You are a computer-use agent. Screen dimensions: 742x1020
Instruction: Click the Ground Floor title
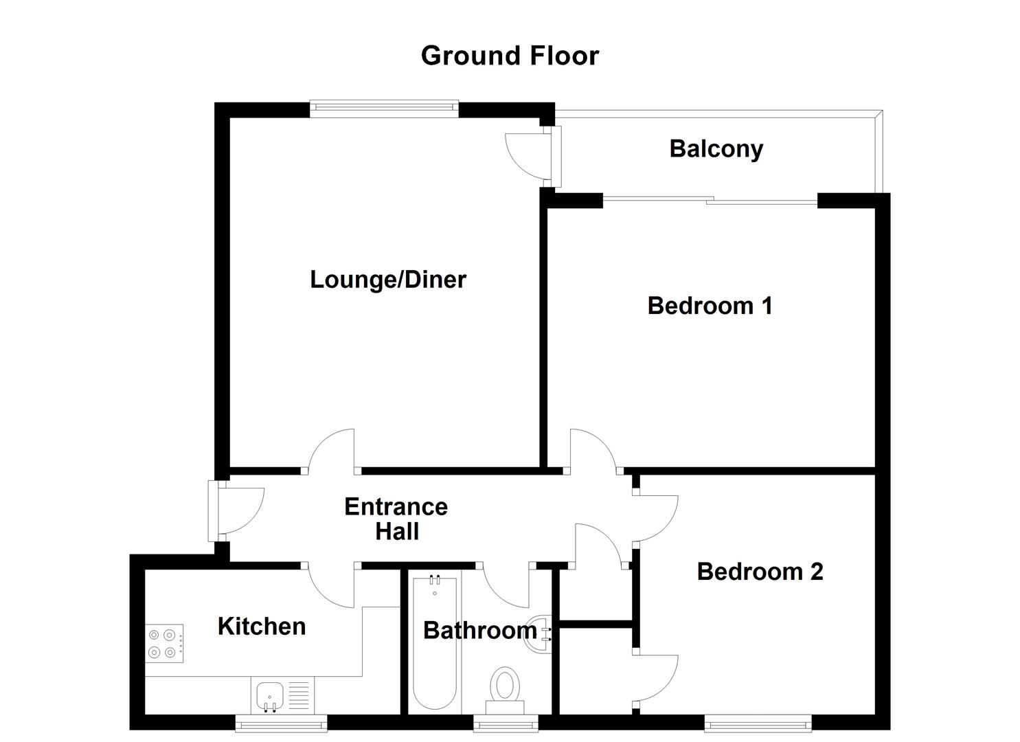tap(510, 56)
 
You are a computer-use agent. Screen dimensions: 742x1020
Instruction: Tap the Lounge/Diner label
tap(388, 280)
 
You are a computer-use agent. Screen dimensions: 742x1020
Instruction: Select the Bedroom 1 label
tap(710, 305)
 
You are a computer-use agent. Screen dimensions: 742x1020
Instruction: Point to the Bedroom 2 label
tap(760, 572)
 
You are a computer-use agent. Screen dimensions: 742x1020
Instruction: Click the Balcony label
tap(716, 149)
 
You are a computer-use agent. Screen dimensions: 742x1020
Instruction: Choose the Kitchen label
tap(261, 626)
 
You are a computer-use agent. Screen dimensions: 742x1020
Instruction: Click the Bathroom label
tap(479, 630)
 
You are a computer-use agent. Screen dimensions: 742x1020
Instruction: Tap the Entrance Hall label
tap(396, 519)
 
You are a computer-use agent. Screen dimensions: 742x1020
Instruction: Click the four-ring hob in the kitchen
tap(165, 644)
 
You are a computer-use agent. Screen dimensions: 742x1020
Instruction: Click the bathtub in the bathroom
tap(435, 642)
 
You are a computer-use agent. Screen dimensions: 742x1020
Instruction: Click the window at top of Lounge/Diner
tap(384, 105)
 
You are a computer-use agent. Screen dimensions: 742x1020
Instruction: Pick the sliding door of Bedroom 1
tap(710, 200)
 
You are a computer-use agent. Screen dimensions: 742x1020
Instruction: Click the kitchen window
tap(281, 722)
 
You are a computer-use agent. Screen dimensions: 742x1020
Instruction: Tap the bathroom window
tap(506, 722)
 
